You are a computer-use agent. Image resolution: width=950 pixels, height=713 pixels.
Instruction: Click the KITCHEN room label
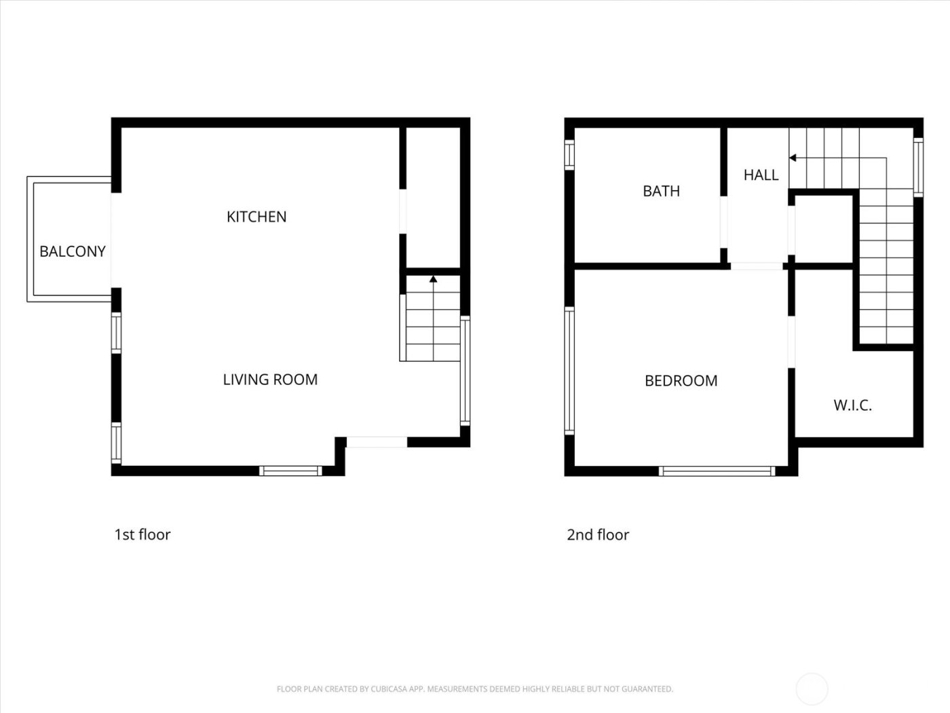pyautogui.click(x=256, y=217)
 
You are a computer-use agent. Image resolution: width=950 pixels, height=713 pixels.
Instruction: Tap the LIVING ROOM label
pyautogui.click(x=270, y=380)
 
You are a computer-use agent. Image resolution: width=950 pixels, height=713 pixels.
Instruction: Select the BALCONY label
pyautogui.click(x=73, y=251)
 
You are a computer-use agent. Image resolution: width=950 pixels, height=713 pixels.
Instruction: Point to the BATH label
pyautogui.click(x=661, y=191)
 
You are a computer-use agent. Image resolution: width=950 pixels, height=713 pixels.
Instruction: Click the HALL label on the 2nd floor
pyautogui.click(x=761, y=175)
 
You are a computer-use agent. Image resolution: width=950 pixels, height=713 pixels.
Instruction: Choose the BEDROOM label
pyautogui.click(x=681, y=381)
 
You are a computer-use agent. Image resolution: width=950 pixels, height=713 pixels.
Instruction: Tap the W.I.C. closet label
pyautogui.click(x=852, y=406)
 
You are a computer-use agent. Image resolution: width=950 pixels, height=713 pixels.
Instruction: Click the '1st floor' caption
pyautogui.click(x=142, y=534)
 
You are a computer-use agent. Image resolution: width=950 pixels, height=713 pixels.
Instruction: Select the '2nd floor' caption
pyautogui.click(x=598, y=534)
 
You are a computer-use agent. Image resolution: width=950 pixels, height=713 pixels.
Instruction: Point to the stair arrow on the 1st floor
pyautogui.click(x=433, y=278)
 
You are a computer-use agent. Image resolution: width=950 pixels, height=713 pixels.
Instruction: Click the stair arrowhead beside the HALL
pyautogui.click(x=793, y=158)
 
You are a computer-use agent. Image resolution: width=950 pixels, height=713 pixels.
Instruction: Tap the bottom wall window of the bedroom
pyautogui.click(x=717, y=471)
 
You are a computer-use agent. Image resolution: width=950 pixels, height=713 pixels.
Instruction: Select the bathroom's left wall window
pyautogui.click(x=569, y=154)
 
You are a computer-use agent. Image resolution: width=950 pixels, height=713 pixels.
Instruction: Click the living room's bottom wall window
pyautogui.click(x=291, y=471)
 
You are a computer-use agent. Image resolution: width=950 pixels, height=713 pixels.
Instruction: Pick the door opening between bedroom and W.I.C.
pyautogui.click(x=791, y=342)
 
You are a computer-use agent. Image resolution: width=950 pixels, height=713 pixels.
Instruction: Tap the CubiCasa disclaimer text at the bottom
pyautogui.click(x=475, y=689)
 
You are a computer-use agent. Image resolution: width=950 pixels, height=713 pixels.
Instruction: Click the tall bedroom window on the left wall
pyautogui.click(x=569, y=371)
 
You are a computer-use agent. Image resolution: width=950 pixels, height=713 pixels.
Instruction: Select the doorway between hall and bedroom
pyautogui.click(x=757, y=266)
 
